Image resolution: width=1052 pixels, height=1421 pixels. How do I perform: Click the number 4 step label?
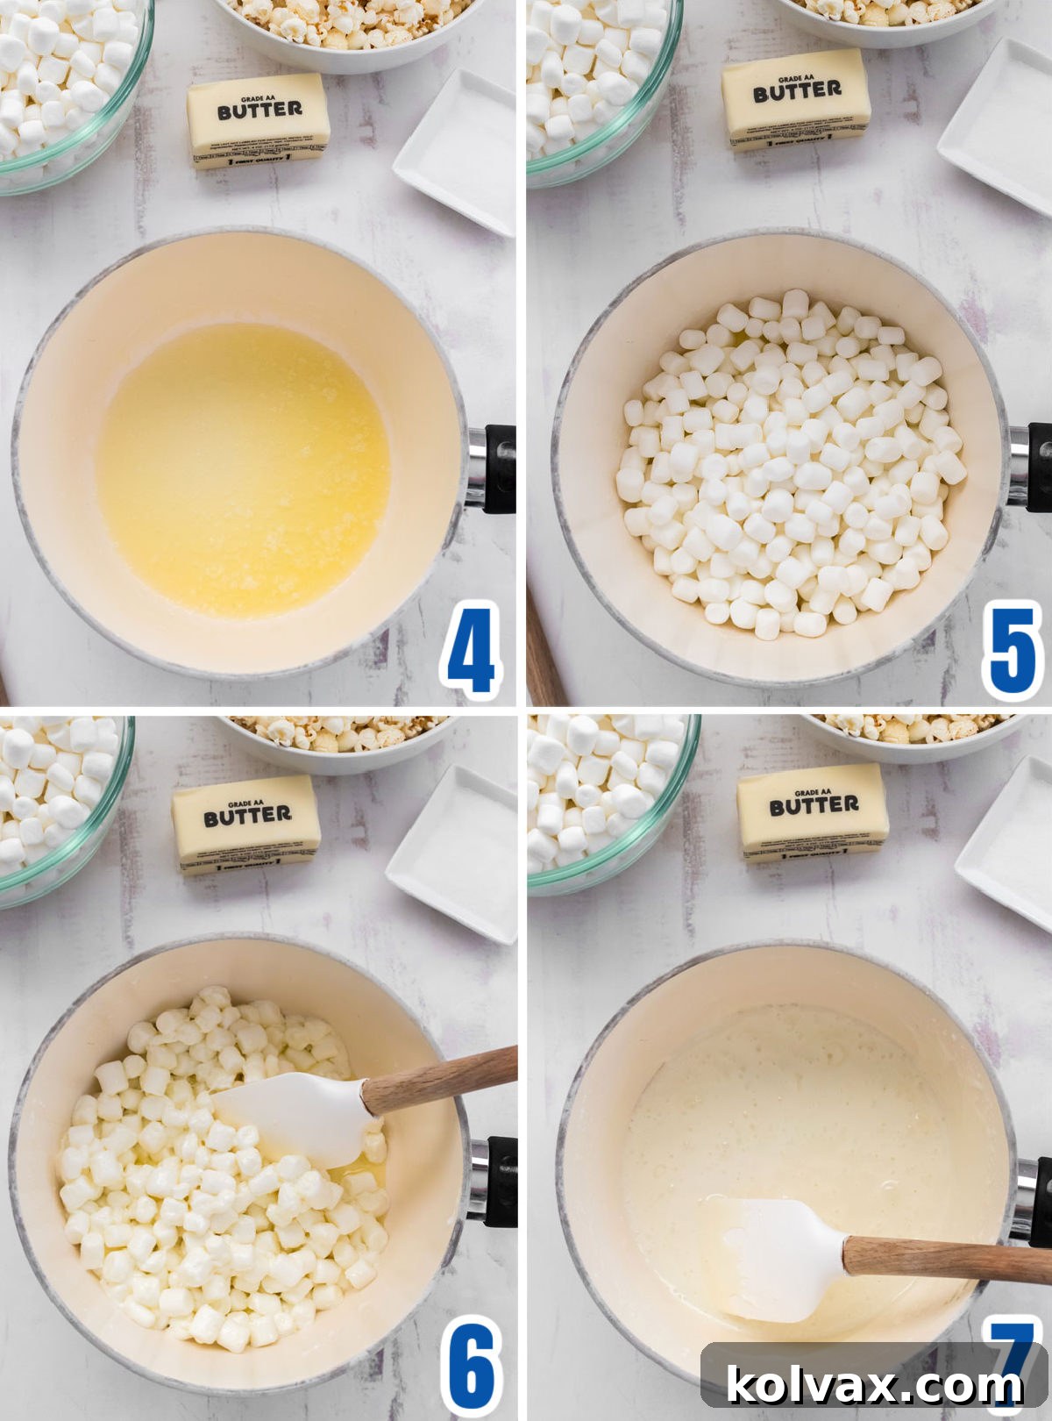pos(472,648)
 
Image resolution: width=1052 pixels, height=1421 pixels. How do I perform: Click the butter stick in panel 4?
pos(259,121)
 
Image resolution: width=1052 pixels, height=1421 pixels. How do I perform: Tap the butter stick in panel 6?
pos(246,825)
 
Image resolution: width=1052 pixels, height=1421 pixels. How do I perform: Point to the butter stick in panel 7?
pos(814,814)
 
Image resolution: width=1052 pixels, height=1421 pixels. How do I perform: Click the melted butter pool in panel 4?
pos(243,469)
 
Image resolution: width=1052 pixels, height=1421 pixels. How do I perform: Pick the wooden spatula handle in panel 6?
pos(438,1079)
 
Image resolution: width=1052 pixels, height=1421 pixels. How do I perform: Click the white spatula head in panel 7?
pos(771,1259)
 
